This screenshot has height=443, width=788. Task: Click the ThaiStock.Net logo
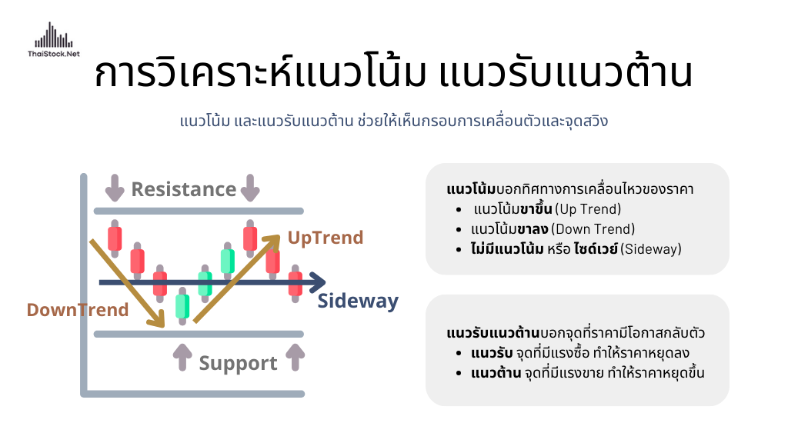pyautogui.click(x=54, y=40)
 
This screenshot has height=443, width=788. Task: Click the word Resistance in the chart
pyautogui.click(x=183, y=189)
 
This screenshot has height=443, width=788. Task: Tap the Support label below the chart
pyautogui.click(x=238, y=364)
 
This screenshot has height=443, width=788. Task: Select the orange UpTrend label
pyautogui.click(x=326, y=238)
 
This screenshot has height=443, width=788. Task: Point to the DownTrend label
pyautogui.click(x=78, y=310)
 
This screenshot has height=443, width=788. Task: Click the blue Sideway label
pyautogui.click(x=358, y=301)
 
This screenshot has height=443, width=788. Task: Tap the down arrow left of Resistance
pyautogui.click(x=115, y=188)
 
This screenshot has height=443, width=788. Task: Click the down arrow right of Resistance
pyautogui.click(x=250, y=188)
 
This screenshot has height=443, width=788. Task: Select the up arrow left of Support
pyautogui.click(x=182, y=358)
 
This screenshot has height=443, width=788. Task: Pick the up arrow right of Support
pyautogui.click(x=295, y=358)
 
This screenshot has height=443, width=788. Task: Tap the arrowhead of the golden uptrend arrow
pyautogui.click(x=272, y=241)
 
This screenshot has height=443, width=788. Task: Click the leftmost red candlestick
pyautogui.click(x=115, y=238)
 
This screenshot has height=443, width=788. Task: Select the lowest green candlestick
pyautogui.click(x=182, y=306)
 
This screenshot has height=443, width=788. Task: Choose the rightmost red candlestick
pyautogui.click(x=295, y=284)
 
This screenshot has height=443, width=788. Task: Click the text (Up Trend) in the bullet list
pyautogui.click(x=588, y=209)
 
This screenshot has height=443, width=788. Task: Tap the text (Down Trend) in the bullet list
pyautogui.click(x=593, y=229)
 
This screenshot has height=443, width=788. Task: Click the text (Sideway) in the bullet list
pyautogui.click(x=651, y=249)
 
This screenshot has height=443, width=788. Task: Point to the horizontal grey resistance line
pyautogui.click(x=199, y=211)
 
